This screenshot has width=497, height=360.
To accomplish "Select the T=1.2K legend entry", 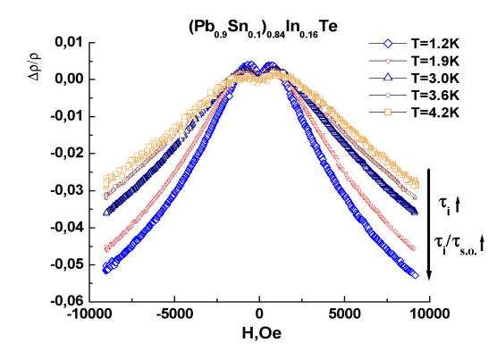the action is pyautogui.click(x=415, y=44).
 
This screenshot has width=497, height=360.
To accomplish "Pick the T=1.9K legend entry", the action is pyautogui.click(x=415, y=61).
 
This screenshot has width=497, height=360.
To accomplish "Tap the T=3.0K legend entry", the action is pyautogui.click(x=415, y=79).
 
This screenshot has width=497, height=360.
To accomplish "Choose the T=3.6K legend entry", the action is pyautogui.click(x=415, y=95).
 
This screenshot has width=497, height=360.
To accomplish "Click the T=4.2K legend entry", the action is pyautogui.click(x=415, y=113).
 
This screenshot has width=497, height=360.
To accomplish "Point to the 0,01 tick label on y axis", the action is pyautogui.click(x=69, y=42).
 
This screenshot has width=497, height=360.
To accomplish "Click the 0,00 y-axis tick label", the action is pyautogui.click(x=69, y=80).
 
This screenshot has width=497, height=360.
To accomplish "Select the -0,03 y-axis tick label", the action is pyautogui.click(x=66, y=190).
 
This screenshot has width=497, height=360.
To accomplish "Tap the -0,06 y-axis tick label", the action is pyautogui.click(x=66, y=301).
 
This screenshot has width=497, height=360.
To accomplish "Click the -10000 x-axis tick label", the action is pyautogui.click(x=90, y=314).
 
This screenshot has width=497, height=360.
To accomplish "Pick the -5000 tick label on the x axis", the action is pyautogui.click(x=174, y=314).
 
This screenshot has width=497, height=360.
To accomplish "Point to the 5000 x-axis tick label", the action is pyautogui.click(x=344, y=314).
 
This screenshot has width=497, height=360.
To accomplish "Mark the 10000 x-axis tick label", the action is pyautogui.click(x=430, y=314).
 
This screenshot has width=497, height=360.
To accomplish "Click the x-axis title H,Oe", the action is pyautogui.click(x=262, y=333).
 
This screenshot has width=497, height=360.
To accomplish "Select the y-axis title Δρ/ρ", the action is pyautogui.click(x=36, y=66).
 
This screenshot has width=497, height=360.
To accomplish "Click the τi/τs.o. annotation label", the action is pyautogui.click(x=459, y=245).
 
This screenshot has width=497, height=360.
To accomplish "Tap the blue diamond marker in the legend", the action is pyautogui.click(x=388, y=44).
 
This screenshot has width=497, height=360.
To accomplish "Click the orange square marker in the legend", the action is pyautogui.click(x=388, y=113).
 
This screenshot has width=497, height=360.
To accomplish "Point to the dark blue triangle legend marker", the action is pyautogui.click(x=388, y=78).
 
